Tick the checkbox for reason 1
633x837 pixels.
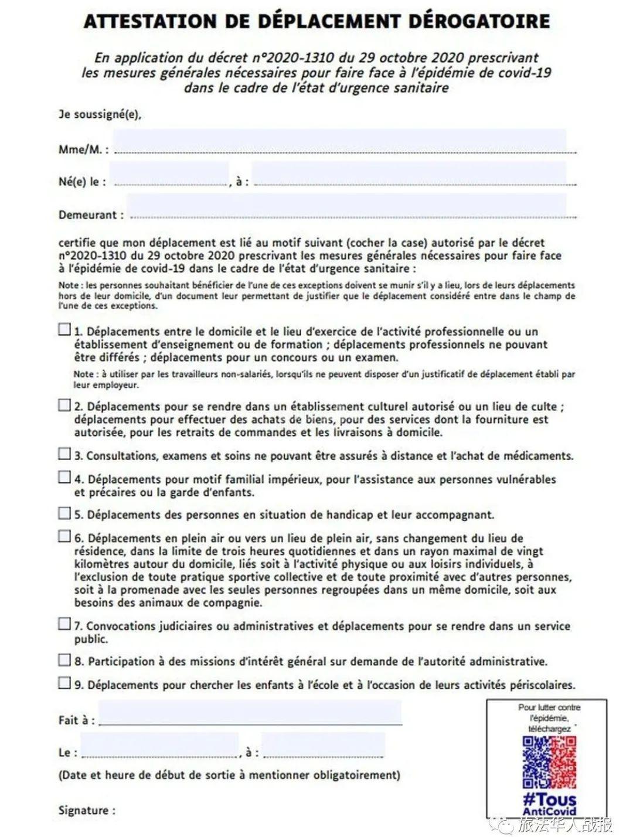tap(64, 329)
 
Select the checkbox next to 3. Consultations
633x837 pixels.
tap(64, 454)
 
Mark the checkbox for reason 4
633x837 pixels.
tap(64, 477)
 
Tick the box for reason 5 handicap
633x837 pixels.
tap(64, 513)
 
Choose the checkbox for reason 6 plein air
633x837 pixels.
tap(64, 536)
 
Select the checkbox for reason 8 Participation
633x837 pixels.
tap(64, 660)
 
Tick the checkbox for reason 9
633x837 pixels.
tap(64, 683)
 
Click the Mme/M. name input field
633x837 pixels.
tap(340, 142)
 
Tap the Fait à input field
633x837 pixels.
tap(250, 713)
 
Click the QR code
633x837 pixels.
tap(549, 762)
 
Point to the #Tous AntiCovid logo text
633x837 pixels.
tap(549, 803)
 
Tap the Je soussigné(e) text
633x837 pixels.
tap(100, 114)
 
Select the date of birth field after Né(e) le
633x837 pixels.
tap(170, 175)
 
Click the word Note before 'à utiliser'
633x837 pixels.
tap(83, 373)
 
